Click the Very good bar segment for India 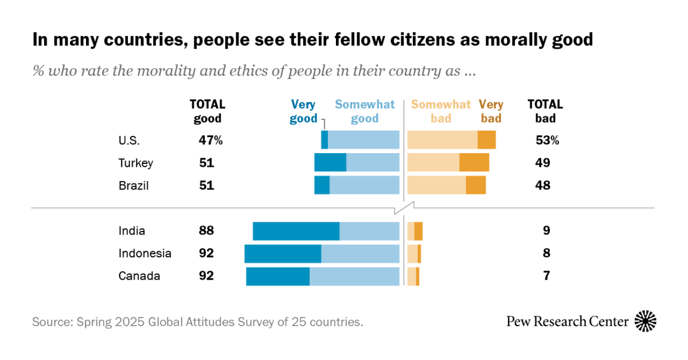(296, 231)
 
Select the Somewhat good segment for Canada (354, 276)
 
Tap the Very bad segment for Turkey (474, 162)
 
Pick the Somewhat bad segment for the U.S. (442, 140)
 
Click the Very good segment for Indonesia (283, 253)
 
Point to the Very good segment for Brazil (322, 185)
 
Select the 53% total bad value (547, 140)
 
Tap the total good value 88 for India (206, 231)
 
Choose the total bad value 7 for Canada (547, 276)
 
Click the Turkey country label (136, 163)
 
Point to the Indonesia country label (145, 253)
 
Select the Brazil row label (134, 185)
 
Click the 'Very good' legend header (303, 111)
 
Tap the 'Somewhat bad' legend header (440, 111)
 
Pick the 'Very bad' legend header (491, 111)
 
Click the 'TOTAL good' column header (208, 111)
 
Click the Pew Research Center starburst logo (646, 321)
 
